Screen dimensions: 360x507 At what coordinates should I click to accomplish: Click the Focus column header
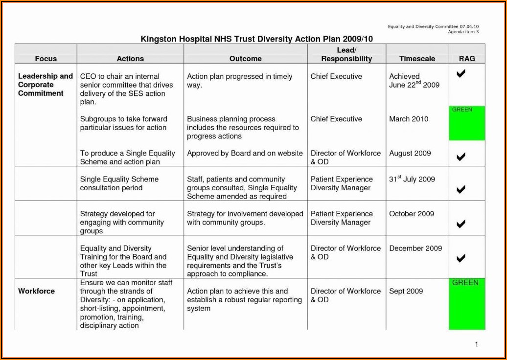pyautogui.click(x=46, y=59)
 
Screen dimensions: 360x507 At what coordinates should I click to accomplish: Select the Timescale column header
pyautogui.click(x=417, y=59)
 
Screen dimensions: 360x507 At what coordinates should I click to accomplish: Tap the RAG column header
pyautogui.click(x=467, y=59)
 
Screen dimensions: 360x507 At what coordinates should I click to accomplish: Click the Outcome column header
pyautogui.click(x=245, y=59)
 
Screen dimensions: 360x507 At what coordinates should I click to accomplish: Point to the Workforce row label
pyautogui.click(x=37, y=292)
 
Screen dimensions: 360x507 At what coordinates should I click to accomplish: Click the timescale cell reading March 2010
pyautogui.click(x=409, y=119)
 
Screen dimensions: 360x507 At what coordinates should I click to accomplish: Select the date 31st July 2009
pyautogui.click(x=412, y=179)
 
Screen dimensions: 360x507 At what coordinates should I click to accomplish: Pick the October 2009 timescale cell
pyautogui.click(x=412, y=214)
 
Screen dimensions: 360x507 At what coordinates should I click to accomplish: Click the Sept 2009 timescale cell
pyautogui.click(x=406, y=291)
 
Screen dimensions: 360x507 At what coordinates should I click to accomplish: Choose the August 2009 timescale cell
pyautogui.click(x=410, y=153)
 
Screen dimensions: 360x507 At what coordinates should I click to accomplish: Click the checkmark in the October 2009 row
pyautogui.click(x=461, y=224)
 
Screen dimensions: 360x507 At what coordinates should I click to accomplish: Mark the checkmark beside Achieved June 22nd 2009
pyautogui.click(x=461, y=74)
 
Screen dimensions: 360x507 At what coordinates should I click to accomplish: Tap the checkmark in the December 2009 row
pyautogui.click(x=461, y=258)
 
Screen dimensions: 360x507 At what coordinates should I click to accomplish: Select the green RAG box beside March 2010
pyautogui.click(x=467, y=124)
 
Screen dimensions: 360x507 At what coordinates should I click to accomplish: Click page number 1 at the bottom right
pyautogui.click(x=476, y=344)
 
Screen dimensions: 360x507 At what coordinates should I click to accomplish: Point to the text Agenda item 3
pyautogui.click(x=463, y=32)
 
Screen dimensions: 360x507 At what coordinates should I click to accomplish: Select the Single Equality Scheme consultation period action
pyautogui.click(x=119, y=183)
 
